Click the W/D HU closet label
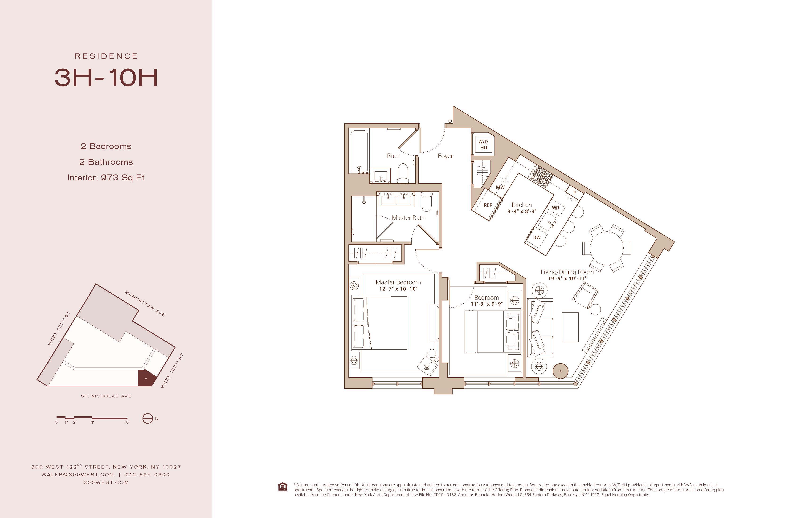coord(483,145)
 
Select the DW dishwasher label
coord(537,238)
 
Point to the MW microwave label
coord(500,187)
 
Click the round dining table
coord(606,248)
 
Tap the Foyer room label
coord(445,156)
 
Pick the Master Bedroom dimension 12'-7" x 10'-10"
coord(398,289)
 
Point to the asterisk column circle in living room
coord(560,371)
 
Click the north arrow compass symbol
coord(148,418)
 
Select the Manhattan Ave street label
coord(145,304)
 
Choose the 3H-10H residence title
coord(106,78)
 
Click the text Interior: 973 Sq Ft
coord(106,178)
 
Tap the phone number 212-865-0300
coord(147,475)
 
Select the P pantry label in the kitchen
coord(575,193)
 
